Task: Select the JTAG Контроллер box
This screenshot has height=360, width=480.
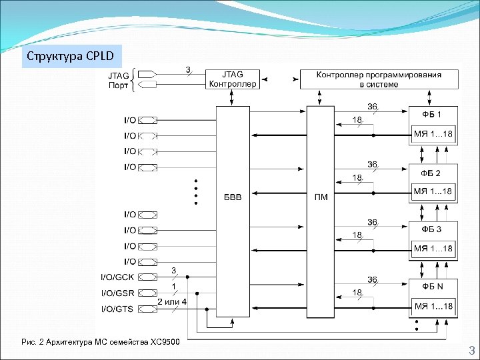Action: (x=232, y=79)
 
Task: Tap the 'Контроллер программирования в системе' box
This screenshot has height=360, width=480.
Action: (x=379, y=79)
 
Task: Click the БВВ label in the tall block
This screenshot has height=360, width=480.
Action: (x=233, y=197)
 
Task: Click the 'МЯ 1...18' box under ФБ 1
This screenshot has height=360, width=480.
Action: (x=433, y=135)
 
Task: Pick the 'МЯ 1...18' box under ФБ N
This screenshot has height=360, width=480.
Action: (x=433, y=307)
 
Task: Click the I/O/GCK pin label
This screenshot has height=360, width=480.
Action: (x=118, y=277)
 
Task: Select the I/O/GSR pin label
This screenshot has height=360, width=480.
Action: (x=118, y=293)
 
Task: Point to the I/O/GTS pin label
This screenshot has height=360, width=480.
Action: (x=118, y=309)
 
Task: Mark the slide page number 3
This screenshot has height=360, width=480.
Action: (x=470, y=351)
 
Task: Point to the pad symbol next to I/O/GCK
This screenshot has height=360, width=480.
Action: (x=149, y=277)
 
